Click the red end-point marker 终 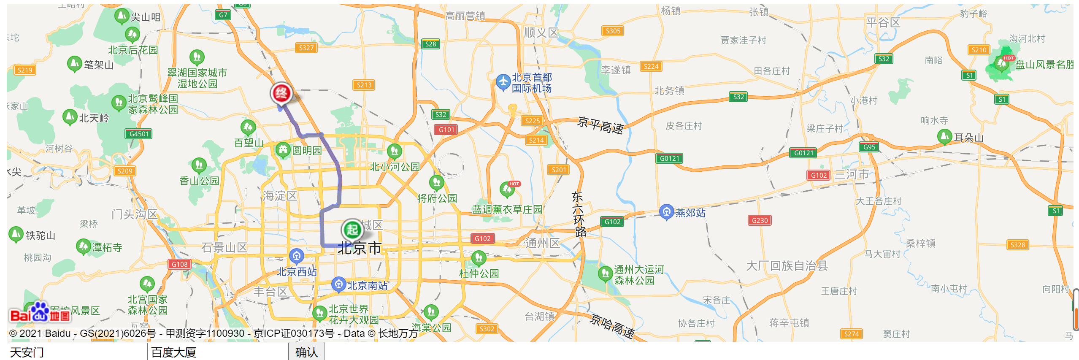coord(281,92)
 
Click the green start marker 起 coord(352,229)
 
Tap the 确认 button coord(306,352)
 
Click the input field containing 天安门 coord(77,352)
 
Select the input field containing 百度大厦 coord(218,352)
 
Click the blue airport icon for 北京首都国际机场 coord(503,82)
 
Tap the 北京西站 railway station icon coord(297,256)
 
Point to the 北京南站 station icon coord(338,284)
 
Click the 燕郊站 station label coord(690,213)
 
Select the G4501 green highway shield coord(139,134)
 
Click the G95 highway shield coord(869,147)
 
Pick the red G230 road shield coord(760,220)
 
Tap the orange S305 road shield coord(613,31)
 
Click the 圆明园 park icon coord(283,149)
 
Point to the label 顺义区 coord(541,33)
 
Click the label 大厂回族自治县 coord(787,266)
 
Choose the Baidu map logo coord(40,313)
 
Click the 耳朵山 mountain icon coord(944,136)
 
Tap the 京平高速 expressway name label coord(600,125)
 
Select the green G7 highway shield coord(223,15)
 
